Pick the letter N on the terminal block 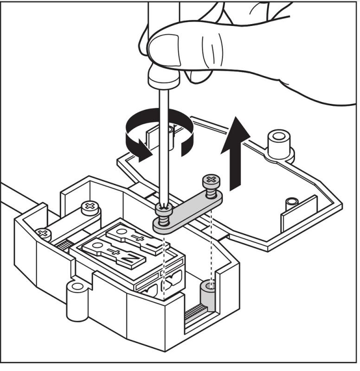(127, 259)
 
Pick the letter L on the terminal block (148, 244)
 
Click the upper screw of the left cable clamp (89, 207)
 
